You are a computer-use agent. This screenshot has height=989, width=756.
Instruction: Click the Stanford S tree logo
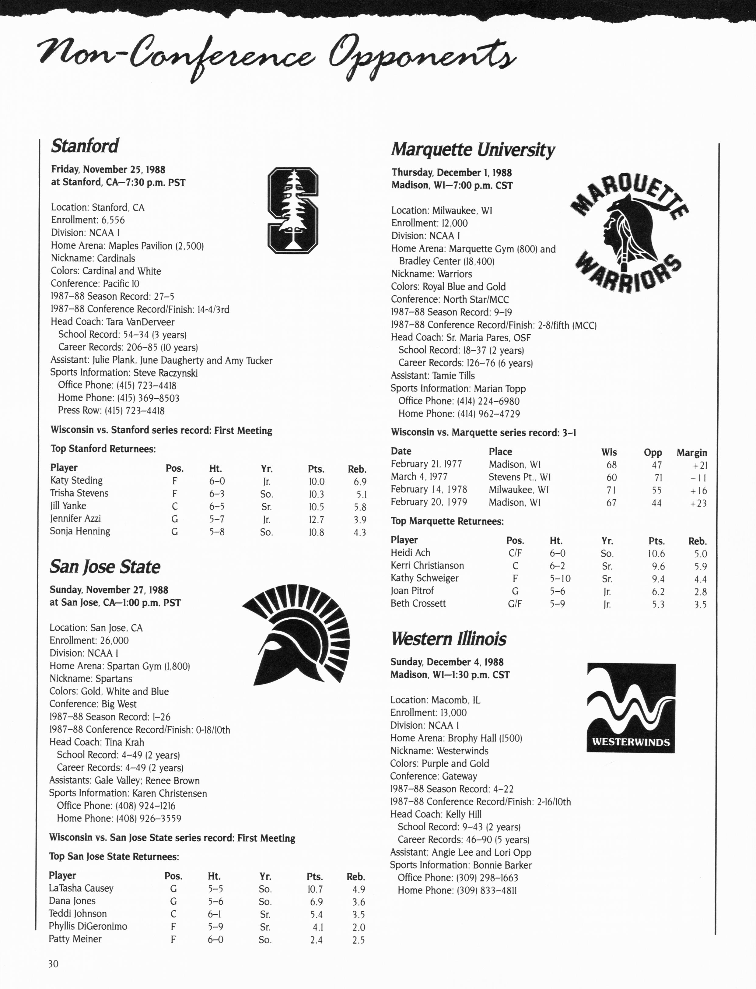click(x=293, y=210)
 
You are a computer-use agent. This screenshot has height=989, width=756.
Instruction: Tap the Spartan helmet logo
click(x=297, y=634)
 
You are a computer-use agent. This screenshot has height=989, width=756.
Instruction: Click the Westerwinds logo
click(x=631, y=708)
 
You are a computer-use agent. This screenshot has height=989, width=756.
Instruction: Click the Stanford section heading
click(x=85, y=146)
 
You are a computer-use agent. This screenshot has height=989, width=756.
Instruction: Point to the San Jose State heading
click(x=105, y=567)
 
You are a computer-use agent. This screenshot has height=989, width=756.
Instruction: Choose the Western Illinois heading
click(x=448, y=639)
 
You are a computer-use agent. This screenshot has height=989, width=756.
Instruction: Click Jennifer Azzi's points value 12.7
click(x=316, y=519)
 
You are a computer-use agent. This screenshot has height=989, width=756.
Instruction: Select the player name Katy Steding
click(x=76, y=480)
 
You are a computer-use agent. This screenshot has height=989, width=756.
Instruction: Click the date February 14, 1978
click(x=429, y=489)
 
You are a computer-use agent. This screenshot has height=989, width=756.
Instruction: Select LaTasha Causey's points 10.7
click(x=315, y=889)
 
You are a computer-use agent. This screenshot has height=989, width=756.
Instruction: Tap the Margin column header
click(x=692, y=452)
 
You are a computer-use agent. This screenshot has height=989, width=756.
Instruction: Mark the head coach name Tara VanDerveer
click(x=140, y=322)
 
